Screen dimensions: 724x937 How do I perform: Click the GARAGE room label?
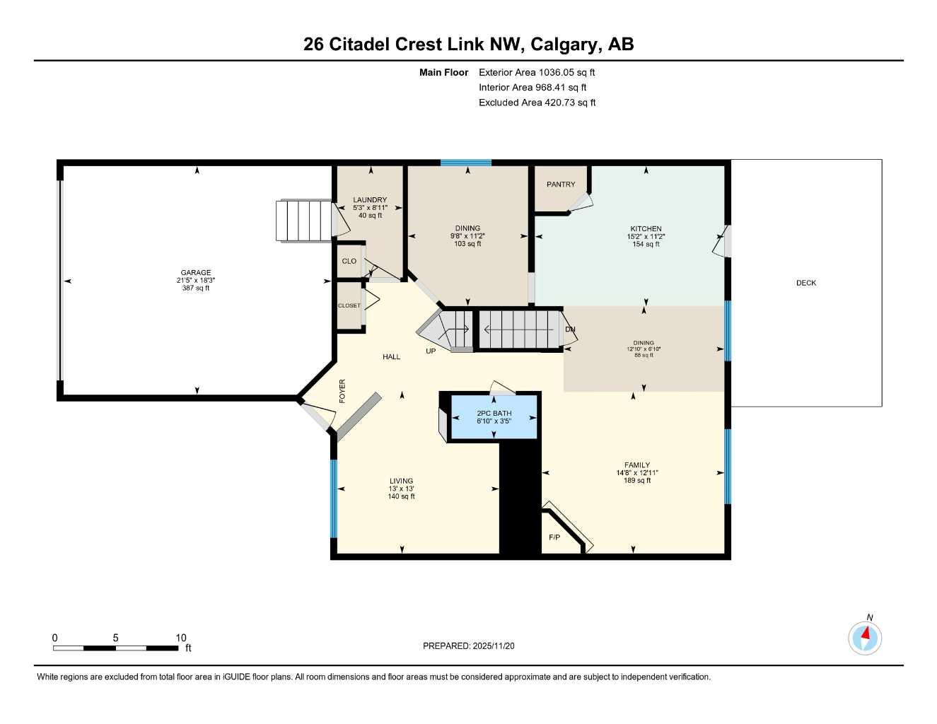pos(196,273)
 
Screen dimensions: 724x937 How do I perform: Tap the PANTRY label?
pos(561,185)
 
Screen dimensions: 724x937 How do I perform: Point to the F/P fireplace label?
pos(554,538)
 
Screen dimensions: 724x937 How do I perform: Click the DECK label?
pos(806,283)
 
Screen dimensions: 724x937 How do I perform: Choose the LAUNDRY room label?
pos(370,200)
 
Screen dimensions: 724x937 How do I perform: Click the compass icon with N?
pos(865,638)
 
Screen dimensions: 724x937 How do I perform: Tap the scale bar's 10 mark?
pos(181,638)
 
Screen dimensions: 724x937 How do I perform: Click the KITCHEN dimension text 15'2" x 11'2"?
pos(646,237)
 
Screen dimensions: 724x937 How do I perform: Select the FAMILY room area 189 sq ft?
pos(637,481)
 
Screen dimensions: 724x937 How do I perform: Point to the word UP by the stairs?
pos(431,351)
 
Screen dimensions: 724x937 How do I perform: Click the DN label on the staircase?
pos(570,329)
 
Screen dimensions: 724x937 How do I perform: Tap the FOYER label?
pos(343,391)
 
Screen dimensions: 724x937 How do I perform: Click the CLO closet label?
pos(349,261)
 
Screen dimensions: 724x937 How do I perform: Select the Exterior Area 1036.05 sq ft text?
pos(537,72)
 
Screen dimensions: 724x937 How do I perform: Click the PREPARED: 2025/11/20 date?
pos(469,646)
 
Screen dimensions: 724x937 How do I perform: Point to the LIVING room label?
pos(401,481)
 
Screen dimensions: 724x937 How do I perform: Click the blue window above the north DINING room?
pos(466,163)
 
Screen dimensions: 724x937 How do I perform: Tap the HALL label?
pos(392,357)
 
